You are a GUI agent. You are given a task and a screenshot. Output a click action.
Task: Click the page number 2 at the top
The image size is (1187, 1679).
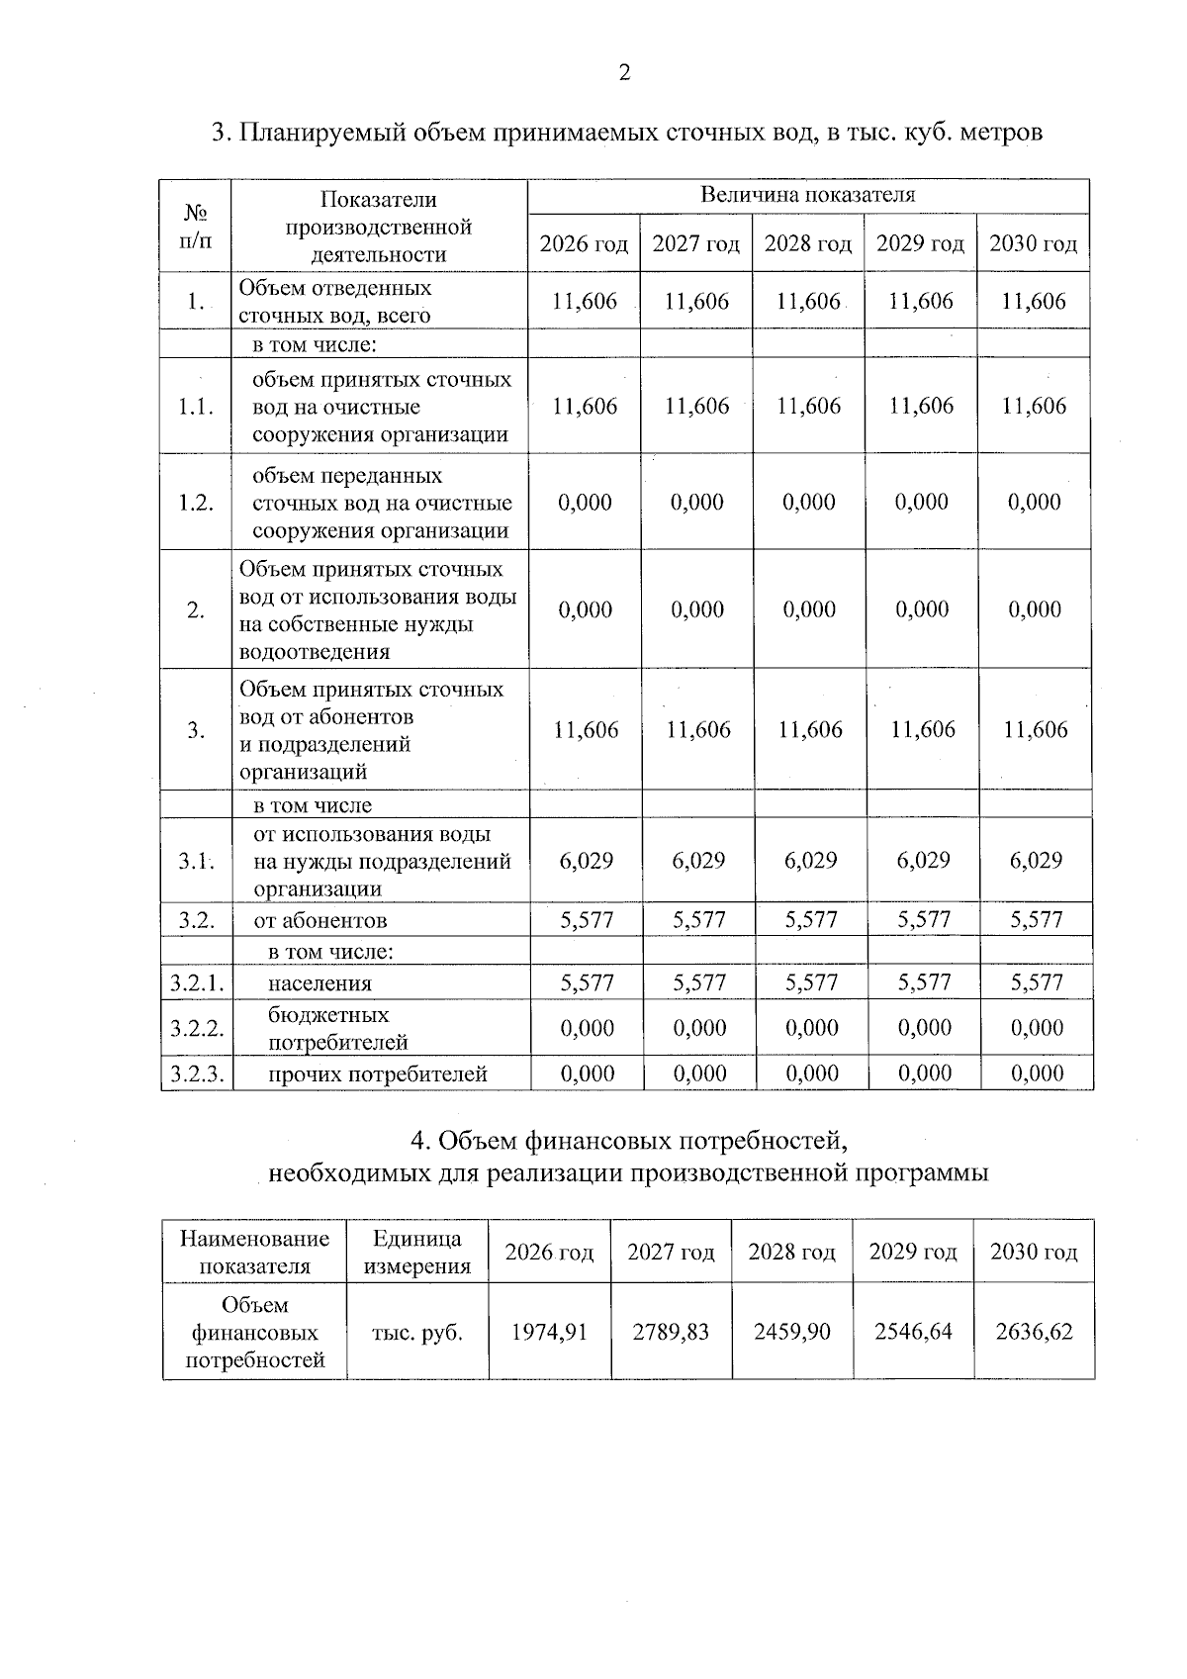[624, 72]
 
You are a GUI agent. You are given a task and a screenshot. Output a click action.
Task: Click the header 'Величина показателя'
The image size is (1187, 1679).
[807, 195]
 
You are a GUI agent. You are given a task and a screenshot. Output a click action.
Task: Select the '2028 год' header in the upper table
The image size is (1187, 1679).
[807, 243]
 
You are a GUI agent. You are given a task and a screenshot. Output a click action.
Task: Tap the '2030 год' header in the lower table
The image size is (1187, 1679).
[1034, 1252]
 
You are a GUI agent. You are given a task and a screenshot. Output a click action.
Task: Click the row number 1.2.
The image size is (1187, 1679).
[196, 503]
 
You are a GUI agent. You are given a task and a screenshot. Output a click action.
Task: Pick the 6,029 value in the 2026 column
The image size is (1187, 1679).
[587, 860]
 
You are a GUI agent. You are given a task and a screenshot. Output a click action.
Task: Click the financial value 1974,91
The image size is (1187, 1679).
[549, 1332]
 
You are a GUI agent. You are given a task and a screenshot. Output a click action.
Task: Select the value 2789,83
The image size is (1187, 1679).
[671, 1332]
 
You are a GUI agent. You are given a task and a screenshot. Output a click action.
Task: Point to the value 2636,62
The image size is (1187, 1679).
[1034, 1332]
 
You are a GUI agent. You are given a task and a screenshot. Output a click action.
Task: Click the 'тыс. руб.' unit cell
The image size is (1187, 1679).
[416, 1333]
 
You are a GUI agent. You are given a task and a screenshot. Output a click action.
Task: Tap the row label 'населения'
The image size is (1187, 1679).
[320, 983]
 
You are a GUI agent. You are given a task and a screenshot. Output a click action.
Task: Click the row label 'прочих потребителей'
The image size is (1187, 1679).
[378, 1073]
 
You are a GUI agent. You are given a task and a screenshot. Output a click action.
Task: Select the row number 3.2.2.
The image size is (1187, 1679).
[197, 1028]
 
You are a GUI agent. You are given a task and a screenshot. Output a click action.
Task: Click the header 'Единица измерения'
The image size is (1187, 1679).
[416, 1252]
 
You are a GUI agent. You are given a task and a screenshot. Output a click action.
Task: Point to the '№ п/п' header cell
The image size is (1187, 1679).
[196, 226]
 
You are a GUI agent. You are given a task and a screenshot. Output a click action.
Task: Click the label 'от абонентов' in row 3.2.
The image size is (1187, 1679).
[320, 920]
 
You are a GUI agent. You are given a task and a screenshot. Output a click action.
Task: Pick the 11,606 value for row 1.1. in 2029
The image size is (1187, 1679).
[921, 406]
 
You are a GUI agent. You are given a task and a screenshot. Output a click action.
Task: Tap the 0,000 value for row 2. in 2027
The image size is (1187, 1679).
[697, 609]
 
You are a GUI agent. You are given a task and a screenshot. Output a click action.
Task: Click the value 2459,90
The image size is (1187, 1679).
[791, 1332]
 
